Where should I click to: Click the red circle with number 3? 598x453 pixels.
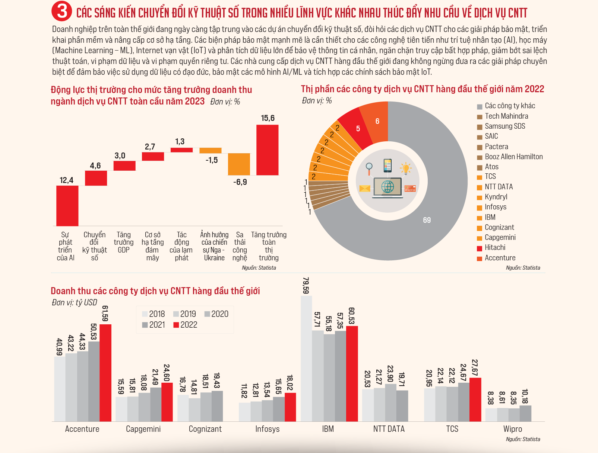coord(62,11)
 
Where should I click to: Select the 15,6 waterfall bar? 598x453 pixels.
coord(267,150)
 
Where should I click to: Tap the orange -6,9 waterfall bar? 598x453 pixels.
coord(239,164)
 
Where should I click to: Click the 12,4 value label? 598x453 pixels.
coord(66,180)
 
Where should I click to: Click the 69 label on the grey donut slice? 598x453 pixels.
coord(427,220)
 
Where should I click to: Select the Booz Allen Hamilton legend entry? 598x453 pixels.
coord(510,157)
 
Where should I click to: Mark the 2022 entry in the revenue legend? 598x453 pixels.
coord(185,325)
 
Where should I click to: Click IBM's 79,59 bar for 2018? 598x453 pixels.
coord(306,359)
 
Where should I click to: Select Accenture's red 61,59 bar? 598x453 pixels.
coord(105,373)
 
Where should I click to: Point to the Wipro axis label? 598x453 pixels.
coord(512,429)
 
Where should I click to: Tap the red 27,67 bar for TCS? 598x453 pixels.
coord(475,399)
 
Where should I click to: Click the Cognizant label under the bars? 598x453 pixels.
coord(205,429)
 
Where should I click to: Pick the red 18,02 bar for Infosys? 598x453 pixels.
coord(290,407)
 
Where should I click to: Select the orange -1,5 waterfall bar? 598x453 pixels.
coord(210,150)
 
